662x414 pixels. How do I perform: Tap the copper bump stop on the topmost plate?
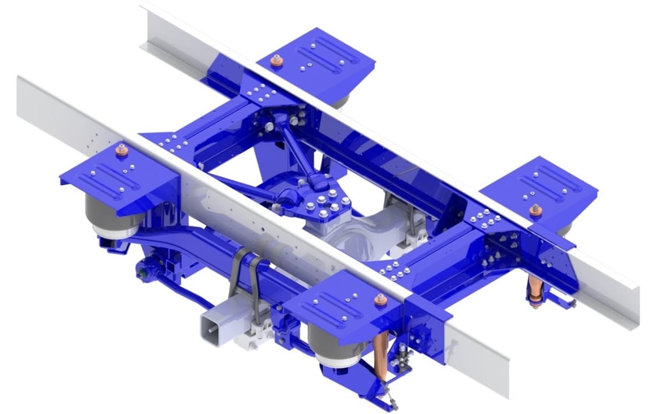pos(275,63)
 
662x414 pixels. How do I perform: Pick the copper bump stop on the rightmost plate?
pos(535,211)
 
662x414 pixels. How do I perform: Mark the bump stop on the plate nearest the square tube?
pos(380,302)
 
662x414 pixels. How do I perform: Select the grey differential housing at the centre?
pos(354,232)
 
